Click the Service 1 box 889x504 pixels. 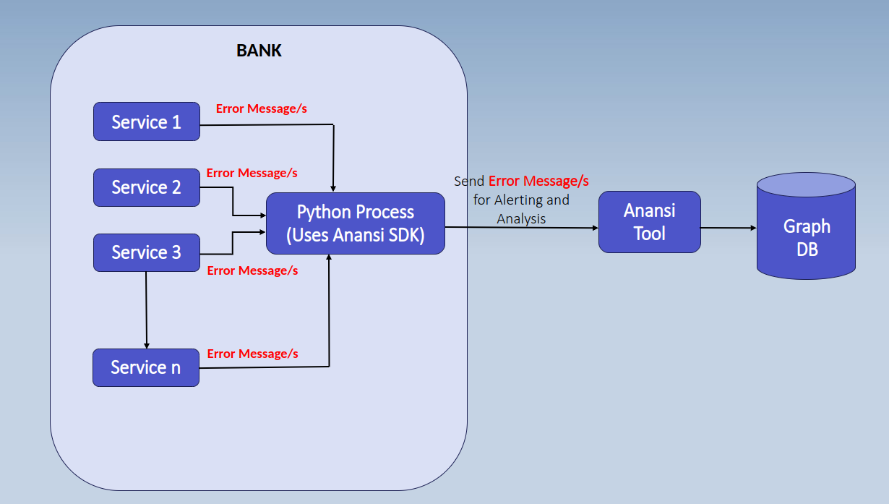tap(147, 121)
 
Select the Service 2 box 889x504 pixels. tap(147, 187)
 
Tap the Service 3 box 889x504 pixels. tap(147, 252)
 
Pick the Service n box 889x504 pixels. tap(146, 367)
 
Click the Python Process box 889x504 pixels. tap(356, 223)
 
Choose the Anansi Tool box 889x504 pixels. tap(649, 222)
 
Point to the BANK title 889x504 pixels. tap(259, 51)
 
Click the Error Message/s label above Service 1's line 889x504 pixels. tap(262, 108)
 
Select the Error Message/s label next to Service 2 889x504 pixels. tap(252, 173)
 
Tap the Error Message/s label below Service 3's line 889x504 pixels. tap(252, 270)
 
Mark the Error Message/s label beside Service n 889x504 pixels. tap(252, 354)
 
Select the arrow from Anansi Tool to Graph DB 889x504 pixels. tap(729, 228)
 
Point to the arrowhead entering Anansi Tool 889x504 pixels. tap(595, 228)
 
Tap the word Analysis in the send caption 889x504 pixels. tap(521, 218)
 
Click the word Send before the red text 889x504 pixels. tap(469, 181)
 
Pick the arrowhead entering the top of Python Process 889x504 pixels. tap(332, 189)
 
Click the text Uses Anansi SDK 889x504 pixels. tap(356, 235)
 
